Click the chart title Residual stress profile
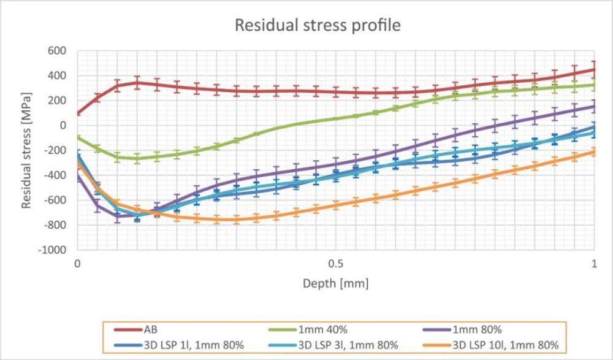318,25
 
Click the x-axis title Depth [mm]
335,284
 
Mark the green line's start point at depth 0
78,137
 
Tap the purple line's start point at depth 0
78,177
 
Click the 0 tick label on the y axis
64,126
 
